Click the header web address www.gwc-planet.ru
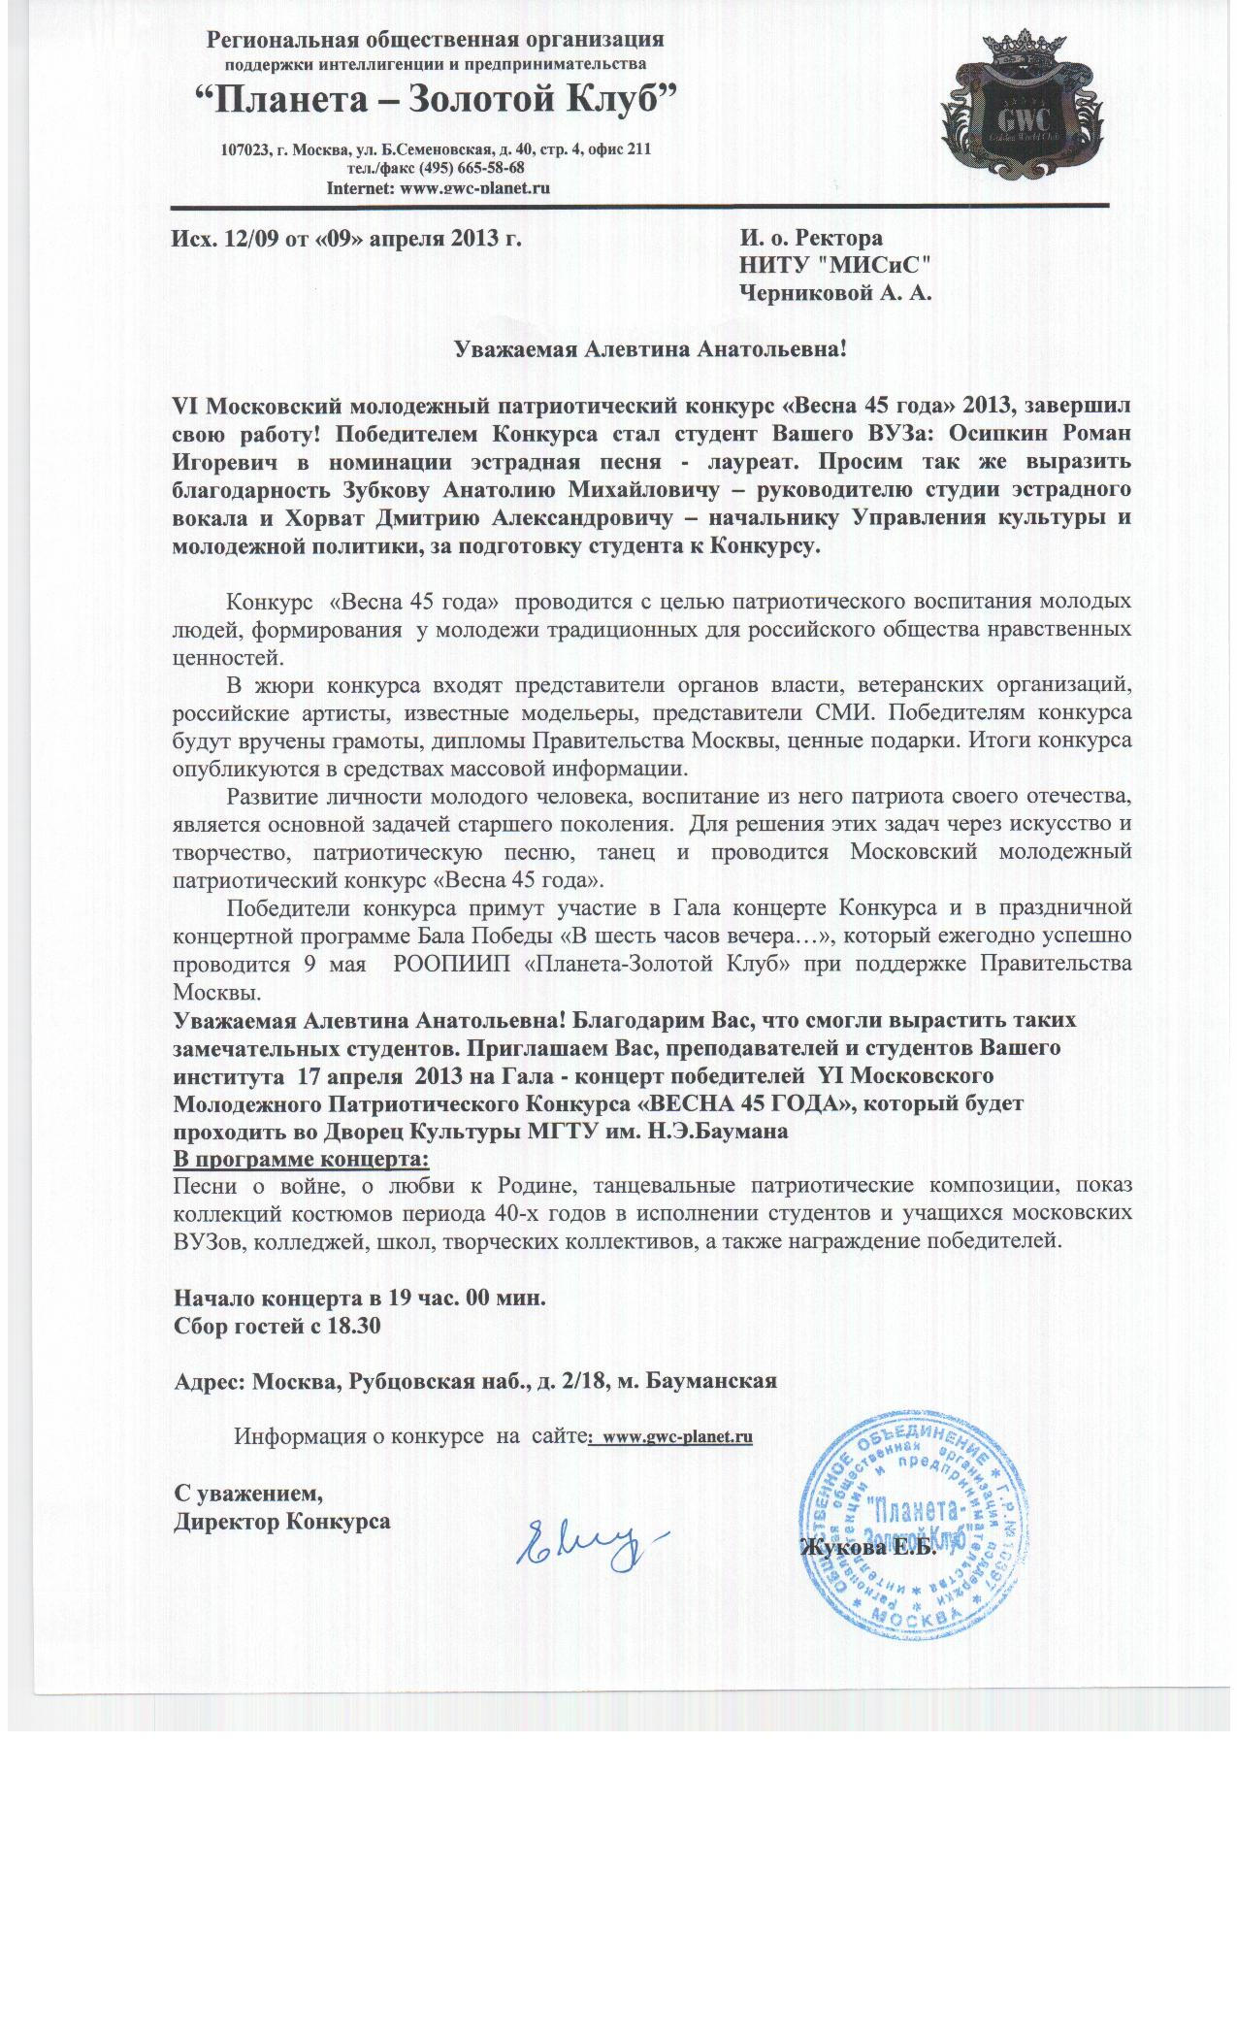[x=469, y=187]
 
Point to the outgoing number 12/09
[x=249, y=239]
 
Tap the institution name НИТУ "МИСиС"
[x=835, y=266]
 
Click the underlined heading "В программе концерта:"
[x=301, y=1160]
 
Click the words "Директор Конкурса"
[x=282, y=1521]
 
